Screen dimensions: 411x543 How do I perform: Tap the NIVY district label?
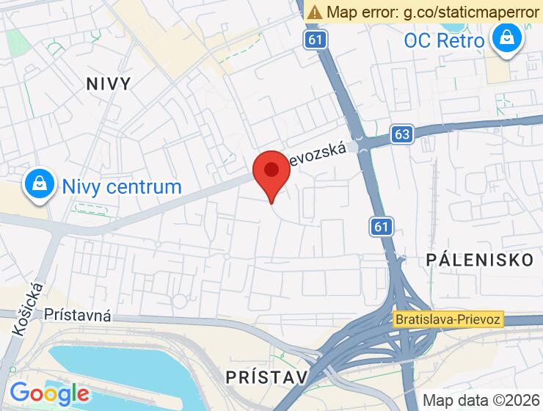point(108,83)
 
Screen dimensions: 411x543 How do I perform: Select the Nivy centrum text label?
point(122,186)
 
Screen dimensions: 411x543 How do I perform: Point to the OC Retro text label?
point(444,40)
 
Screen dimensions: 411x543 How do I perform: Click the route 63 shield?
point(401,134)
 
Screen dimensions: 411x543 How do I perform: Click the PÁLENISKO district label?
point(479,259)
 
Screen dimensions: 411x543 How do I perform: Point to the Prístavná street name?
point(77,316)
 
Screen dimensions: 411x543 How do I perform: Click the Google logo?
point(50,393)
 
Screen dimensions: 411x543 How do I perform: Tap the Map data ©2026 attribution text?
point(481,400)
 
